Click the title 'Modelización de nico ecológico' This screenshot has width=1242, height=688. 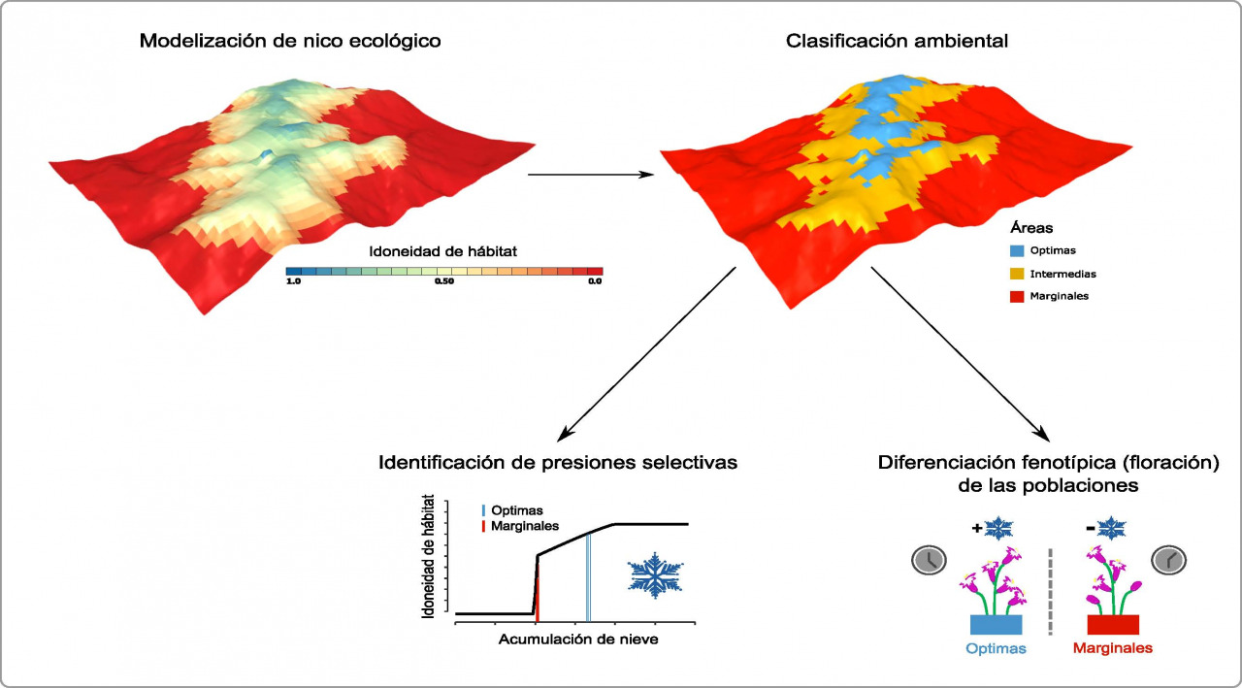click(x=291, y=41)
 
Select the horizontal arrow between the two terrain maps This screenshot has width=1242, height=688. click(x=589, y=175)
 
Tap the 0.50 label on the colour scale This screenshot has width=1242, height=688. click(x=444, y=281)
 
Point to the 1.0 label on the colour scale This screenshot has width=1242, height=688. click(x=293, y=281)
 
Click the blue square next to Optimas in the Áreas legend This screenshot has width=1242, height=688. click(x=1017, y=251)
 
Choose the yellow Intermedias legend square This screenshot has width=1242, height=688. click(x=1017, y=274)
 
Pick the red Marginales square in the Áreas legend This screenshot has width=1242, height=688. click(x=1017, y=296)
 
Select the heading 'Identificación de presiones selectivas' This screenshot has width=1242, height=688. click(x=558, y=463)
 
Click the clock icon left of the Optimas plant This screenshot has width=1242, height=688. click(x=929, y=560)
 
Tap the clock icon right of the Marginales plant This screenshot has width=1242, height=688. click(x=1169, y=560)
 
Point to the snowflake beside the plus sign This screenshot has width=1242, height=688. click(x=998, y=529)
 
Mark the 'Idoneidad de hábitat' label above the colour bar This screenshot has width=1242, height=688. click(x=443, y=251)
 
